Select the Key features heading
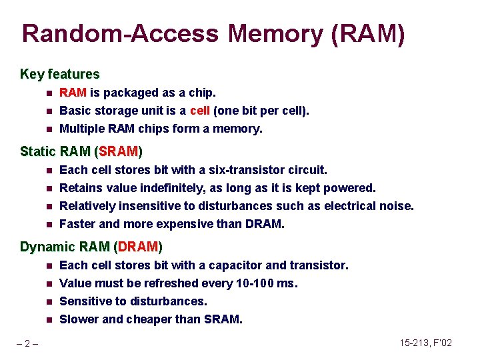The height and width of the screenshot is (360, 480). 60,74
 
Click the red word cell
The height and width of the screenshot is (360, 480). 200,111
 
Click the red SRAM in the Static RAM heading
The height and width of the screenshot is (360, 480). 119,151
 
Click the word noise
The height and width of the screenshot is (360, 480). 398,206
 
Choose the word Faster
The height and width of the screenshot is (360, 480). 78,224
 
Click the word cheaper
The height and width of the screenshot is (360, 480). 149,319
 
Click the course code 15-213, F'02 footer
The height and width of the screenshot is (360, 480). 425,343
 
